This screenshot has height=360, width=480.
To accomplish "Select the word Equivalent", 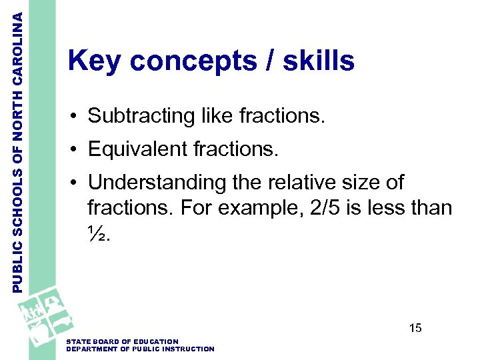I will click(x=138, y=149).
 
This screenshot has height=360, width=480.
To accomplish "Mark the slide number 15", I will click(x=415, y=328).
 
